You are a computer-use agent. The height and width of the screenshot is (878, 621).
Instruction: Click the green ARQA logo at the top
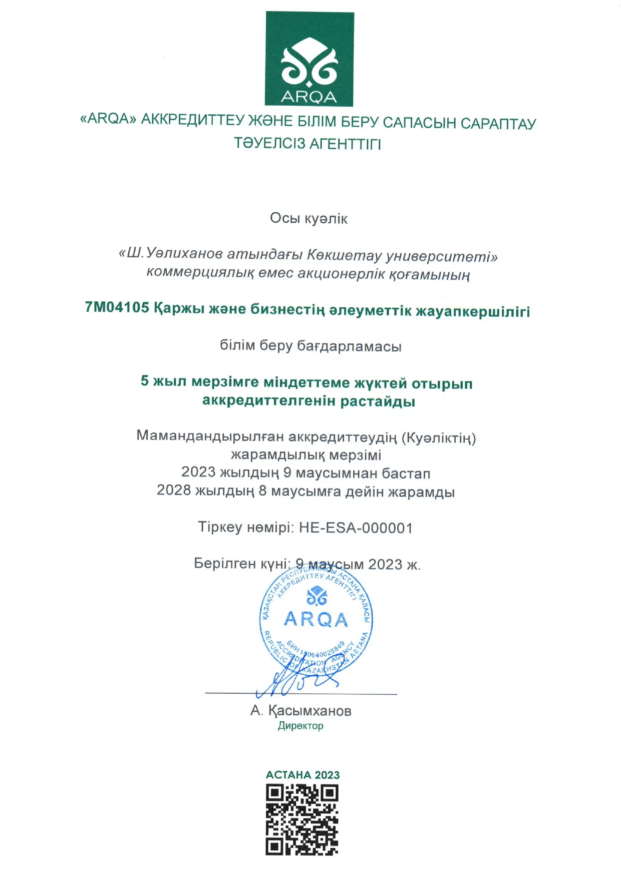[x=309, y=59]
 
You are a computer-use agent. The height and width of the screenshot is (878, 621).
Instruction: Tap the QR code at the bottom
[x=302, y=819]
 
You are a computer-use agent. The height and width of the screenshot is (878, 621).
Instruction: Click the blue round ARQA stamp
[x=316, y=621]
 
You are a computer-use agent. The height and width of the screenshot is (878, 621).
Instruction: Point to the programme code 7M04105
[x=117, y=307]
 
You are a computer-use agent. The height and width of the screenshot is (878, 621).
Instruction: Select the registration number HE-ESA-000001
[x=356, y=528]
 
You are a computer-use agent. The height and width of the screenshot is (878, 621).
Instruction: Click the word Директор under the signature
[x=300, y=726]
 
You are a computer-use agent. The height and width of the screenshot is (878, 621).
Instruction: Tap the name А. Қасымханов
[x=301, y=711]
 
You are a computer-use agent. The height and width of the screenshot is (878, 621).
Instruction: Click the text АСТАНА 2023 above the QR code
[x=302, y=775]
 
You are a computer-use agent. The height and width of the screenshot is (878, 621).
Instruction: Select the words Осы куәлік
[x=308, y=218]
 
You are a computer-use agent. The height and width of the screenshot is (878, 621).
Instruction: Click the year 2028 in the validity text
[x=174, y=490]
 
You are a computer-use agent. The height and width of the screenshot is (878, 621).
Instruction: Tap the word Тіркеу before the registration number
[x=220, y=528]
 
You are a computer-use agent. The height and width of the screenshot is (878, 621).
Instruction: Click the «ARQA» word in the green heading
[x=108, y=119]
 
